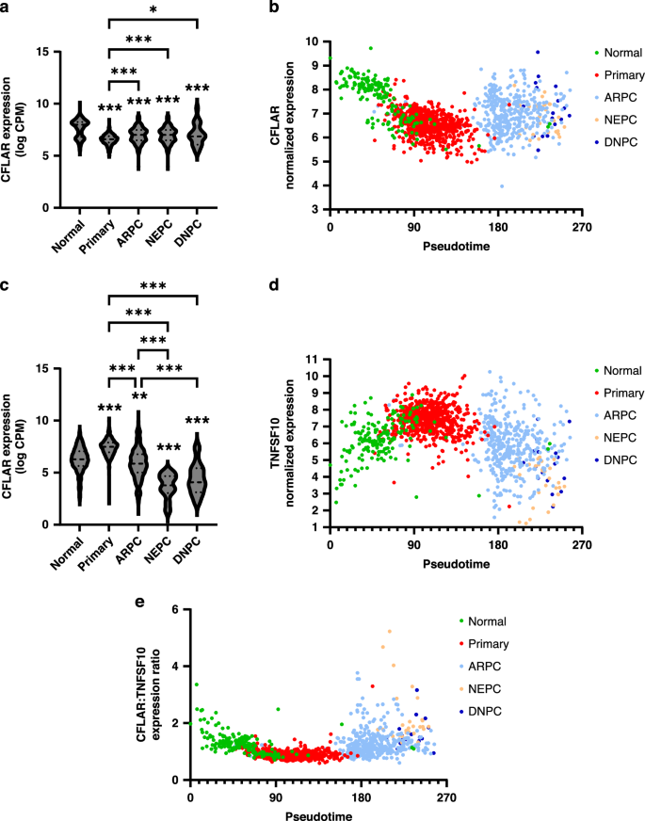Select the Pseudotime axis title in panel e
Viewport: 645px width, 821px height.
coord(317,814)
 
